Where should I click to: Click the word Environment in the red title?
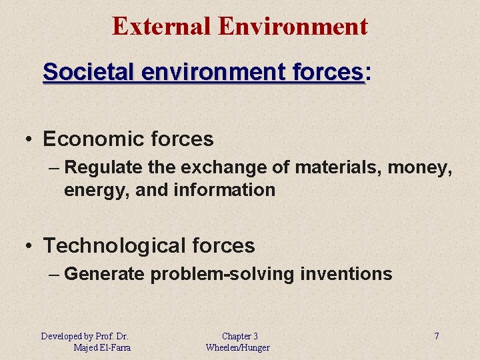coord(293,26)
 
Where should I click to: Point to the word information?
coord(224,190)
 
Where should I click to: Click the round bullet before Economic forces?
coord(30,139)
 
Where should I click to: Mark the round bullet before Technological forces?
coord(30,246)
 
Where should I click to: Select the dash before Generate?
coord(54,274)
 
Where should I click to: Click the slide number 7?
coord(437,336)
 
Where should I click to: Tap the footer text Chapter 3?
coord(239,336)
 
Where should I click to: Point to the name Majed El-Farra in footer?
coord(102,347)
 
